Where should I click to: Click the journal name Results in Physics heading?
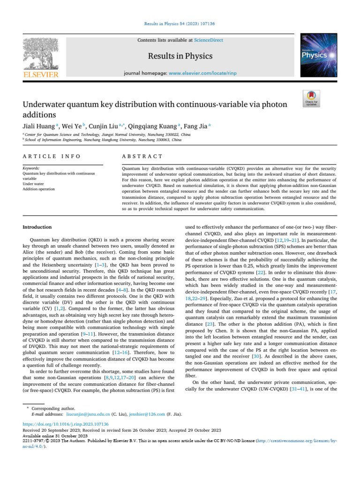(180, 56)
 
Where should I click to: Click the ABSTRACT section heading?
(136, 156)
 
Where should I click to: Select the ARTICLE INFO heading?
(52, 156)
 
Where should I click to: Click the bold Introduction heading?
(37, 227)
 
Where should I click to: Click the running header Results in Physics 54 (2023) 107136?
(180, 23)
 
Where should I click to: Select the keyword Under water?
(34, 184)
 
